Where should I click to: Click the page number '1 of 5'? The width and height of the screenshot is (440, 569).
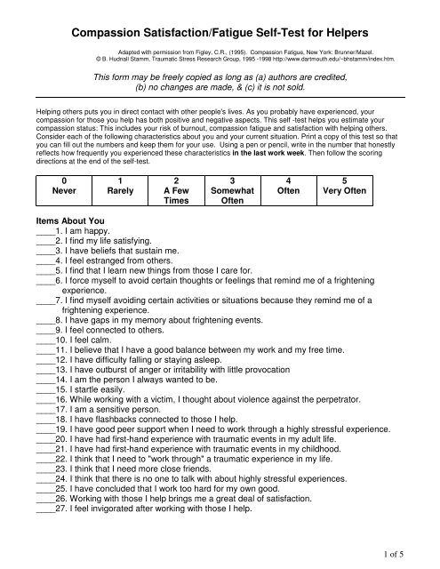pyautogui.click(x=414, y=557)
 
